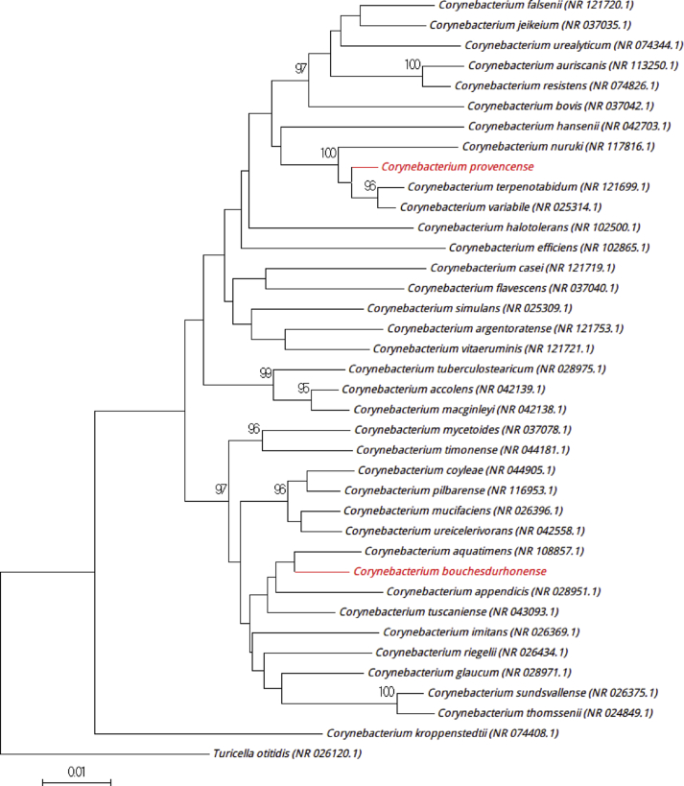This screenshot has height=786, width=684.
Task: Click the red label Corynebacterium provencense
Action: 445,166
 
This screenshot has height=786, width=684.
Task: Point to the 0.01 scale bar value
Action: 76,771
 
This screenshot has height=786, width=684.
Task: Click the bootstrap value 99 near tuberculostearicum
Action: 266,371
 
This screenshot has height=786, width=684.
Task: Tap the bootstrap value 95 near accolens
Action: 304,389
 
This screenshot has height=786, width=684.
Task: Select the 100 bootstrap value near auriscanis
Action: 413,65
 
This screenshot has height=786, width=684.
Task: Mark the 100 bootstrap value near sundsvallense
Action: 387,691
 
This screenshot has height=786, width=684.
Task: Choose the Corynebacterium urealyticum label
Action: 574,45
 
